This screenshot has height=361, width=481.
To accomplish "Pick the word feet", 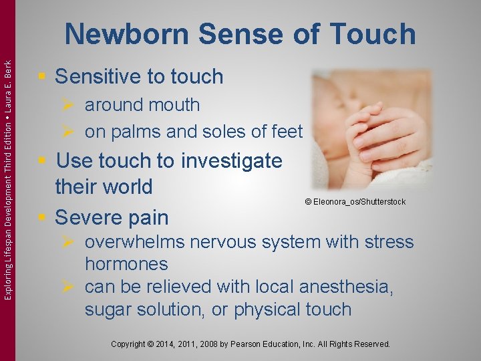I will pos(286,132).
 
